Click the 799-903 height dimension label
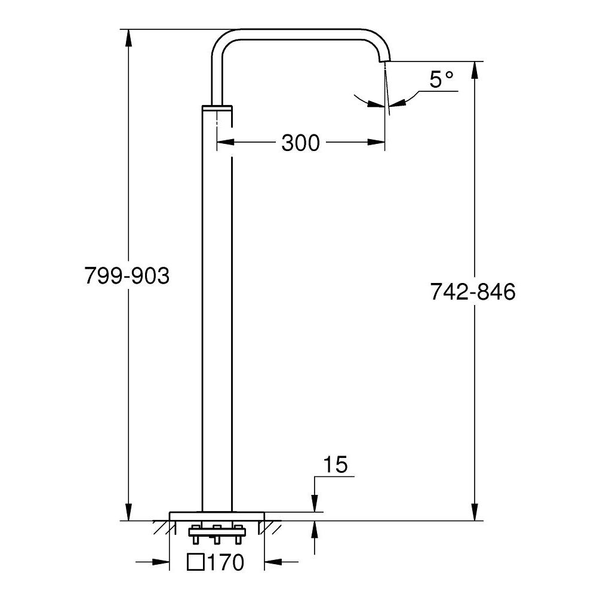127,276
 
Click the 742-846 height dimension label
472,292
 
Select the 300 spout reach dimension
300,143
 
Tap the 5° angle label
441,79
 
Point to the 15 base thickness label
335,464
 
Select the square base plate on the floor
217,516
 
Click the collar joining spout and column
217,107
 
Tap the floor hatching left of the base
160,527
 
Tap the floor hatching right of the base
273,527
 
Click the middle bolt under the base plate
217,534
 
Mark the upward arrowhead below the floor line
315,529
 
